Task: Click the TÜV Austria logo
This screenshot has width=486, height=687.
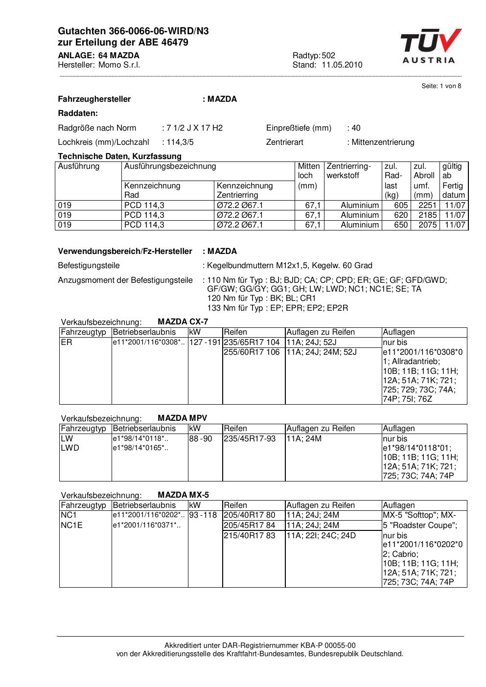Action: (x=430, y=46)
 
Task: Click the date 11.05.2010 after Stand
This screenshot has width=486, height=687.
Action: (x=342, y=65)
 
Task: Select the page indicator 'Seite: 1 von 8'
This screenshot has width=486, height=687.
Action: (x=441, y=86)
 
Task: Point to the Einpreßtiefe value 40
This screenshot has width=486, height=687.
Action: (x=356, y=128)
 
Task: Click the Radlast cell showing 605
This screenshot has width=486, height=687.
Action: (x=401, y=206)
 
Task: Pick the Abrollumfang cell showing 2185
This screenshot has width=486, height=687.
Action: (x=427, y=215)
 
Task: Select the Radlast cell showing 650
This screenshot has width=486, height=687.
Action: (x=401, y=225)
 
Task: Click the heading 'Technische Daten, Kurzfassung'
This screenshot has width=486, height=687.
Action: (x=120, y=157)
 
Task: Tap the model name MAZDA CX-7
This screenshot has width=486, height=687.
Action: (x=183, y=322)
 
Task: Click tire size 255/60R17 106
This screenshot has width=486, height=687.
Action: (x=252, y=352)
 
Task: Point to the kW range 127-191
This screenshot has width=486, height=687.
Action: (x=206, y=343)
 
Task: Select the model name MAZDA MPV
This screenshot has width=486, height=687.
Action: (x=183, y=418)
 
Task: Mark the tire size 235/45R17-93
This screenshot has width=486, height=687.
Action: (x=250, y=439)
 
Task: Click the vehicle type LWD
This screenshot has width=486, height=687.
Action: (x=70, y=448)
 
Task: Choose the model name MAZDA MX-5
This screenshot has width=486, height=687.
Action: (x=184, y=495)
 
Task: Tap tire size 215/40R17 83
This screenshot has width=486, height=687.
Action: (x=250, y=536)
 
